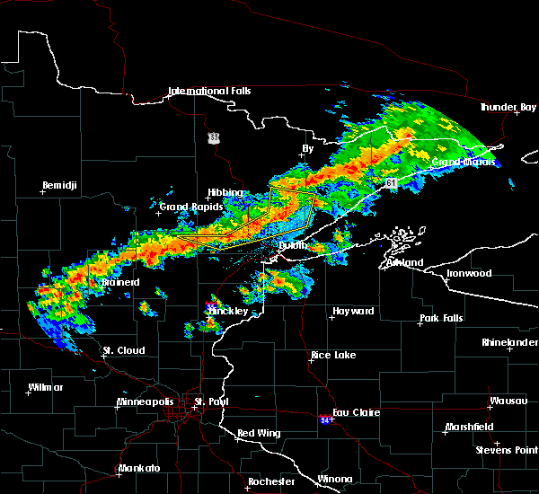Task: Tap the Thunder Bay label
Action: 508,107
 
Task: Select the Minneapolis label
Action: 149,401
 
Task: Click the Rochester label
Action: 270,481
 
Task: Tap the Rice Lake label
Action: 332,355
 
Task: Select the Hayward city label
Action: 353,312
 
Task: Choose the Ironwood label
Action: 470,273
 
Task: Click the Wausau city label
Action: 508,401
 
